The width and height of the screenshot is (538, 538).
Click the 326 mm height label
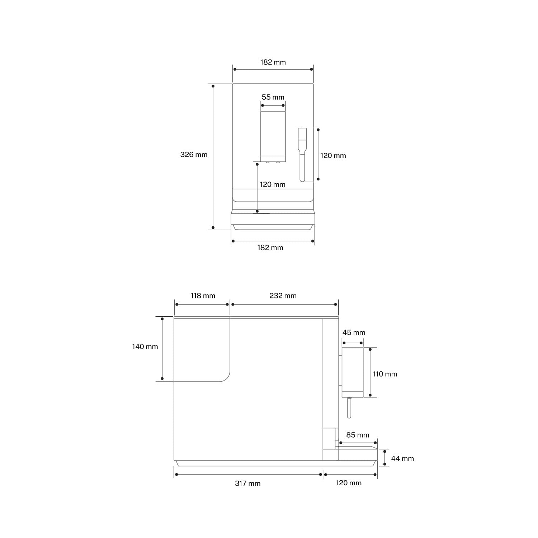click(x=194, y=155)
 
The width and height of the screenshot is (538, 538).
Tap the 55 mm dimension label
click(x=273, y=97)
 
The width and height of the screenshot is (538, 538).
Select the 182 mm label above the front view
click(x=273, y=62)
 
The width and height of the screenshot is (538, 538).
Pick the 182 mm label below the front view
click(x=270, y=247)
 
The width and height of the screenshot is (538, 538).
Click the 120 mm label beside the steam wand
click(x=333, y=156)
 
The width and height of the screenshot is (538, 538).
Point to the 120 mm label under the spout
click(x=273, y=184)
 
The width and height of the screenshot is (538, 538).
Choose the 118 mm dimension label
click(x=203, y=296)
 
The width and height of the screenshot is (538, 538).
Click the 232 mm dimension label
click(x=283, y=296)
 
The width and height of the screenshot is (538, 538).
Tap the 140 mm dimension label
click(x=145, y=346)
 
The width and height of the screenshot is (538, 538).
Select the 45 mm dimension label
click(x=354, y=332)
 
